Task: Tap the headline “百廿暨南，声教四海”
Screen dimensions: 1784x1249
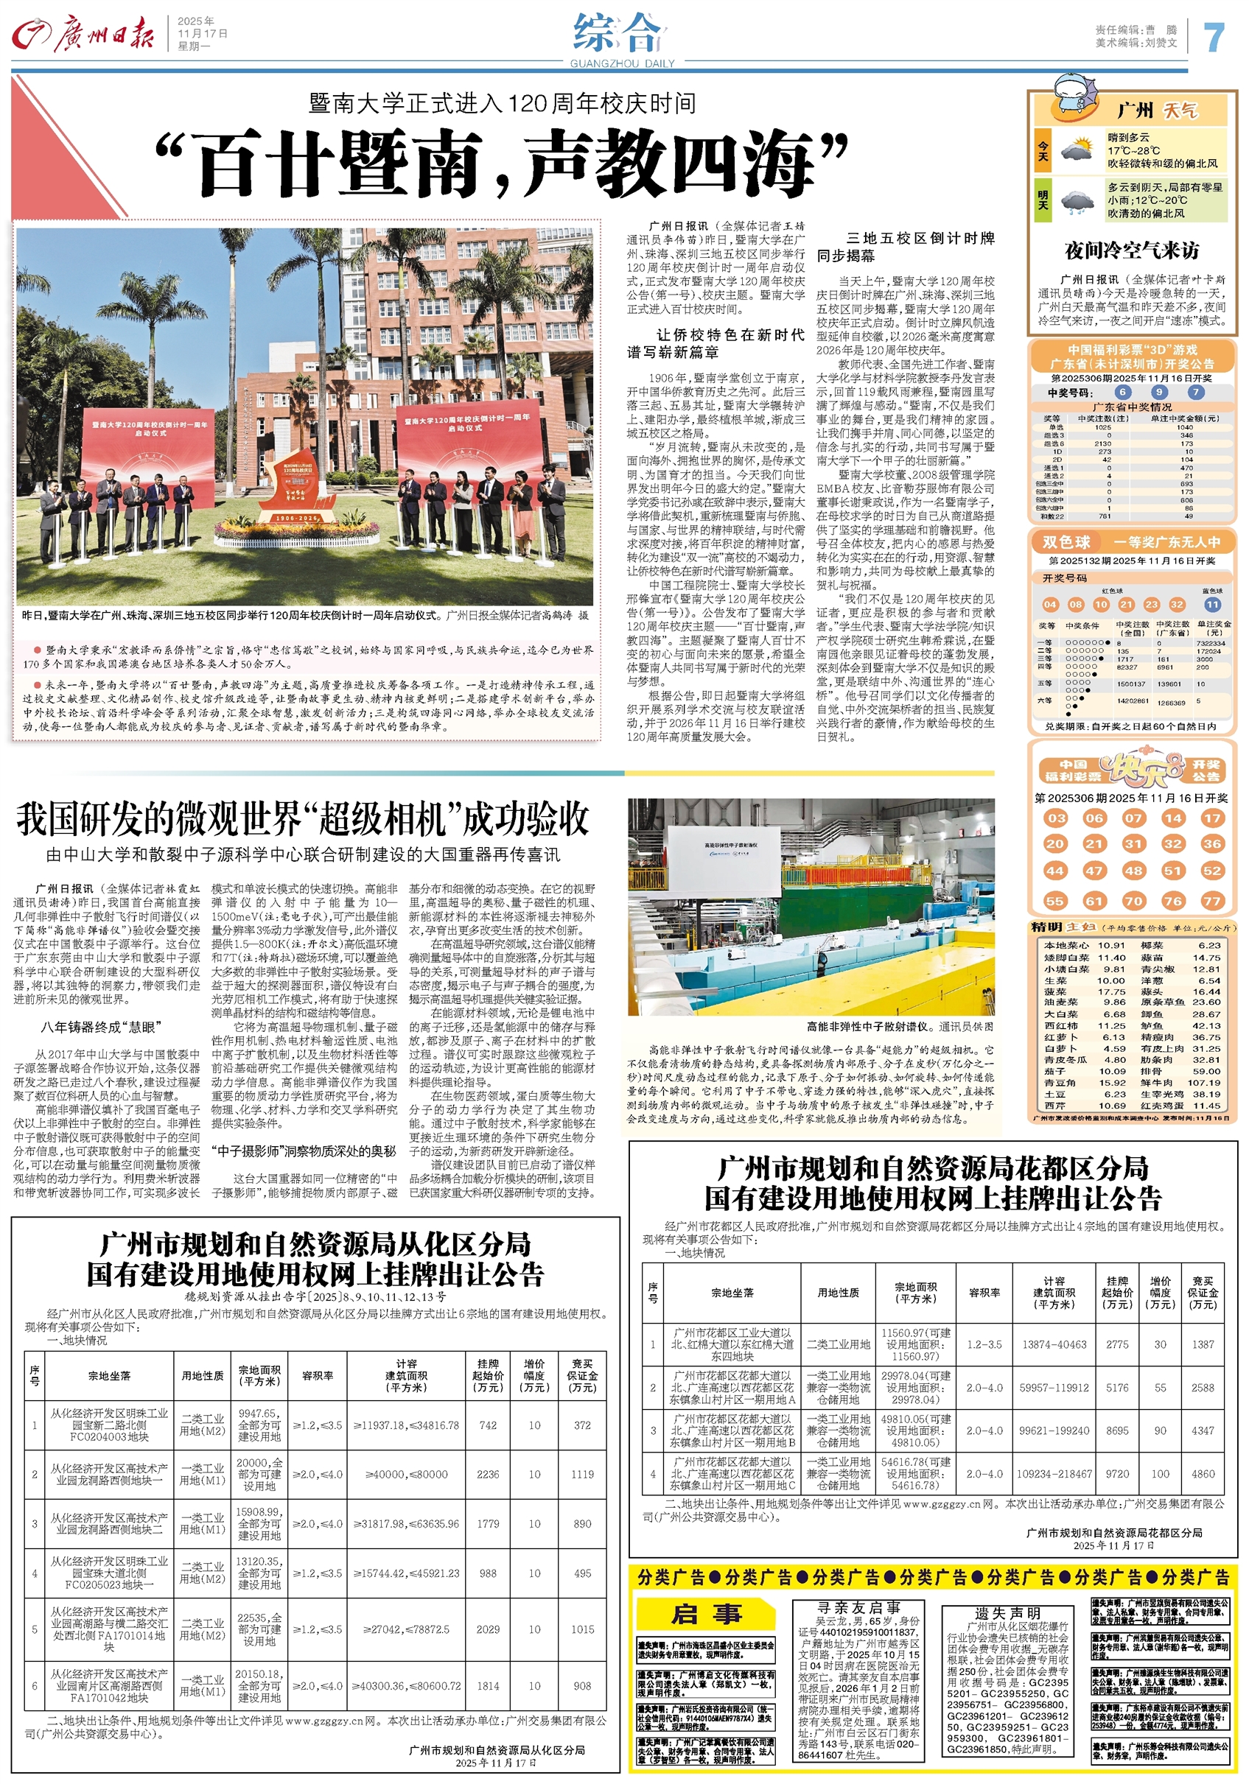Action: point(501,164)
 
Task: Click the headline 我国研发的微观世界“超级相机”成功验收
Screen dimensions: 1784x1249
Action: point(303,819)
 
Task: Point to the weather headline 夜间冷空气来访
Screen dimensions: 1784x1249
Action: point(1132,250)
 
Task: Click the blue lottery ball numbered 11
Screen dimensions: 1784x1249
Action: point(1212,605)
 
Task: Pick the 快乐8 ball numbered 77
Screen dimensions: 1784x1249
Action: point(1211,901)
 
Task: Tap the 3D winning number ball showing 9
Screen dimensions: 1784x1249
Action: point(1159,393)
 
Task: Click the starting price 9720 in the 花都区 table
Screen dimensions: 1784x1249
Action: point(1117,1473)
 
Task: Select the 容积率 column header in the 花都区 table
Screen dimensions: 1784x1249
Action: point(984,1293)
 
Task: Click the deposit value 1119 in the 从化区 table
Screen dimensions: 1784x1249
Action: point(582,1474)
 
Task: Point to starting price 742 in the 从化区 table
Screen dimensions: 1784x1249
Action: point(488,1425)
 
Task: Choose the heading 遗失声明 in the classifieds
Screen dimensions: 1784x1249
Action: point(1007,1614)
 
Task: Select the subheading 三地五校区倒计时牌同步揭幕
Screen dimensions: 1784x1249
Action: point(906,246)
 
